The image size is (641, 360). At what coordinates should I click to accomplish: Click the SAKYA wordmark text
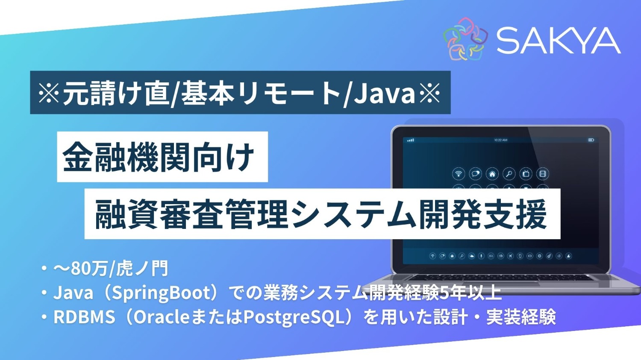click(x=558, y=41)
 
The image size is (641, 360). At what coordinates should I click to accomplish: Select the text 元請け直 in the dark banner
click(x=115, y=93)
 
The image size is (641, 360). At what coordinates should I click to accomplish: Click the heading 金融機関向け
click(x=159, y=157)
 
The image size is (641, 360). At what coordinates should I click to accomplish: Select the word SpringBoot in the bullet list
click(x=167, y=293)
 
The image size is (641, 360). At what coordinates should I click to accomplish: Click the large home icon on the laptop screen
click(x=492, y=174)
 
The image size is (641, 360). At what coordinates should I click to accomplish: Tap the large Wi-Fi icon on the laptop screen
click(x=459, y=174)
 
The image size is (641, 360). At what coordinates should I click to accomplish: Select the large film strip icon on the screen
click(x=542, y=174)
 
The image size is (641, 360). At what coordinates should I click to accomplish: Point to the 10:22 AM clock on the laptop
click(x=500, y=140)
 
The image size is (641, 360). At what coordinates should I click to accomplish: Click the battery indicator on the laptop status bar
click(x=591, y=140)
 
